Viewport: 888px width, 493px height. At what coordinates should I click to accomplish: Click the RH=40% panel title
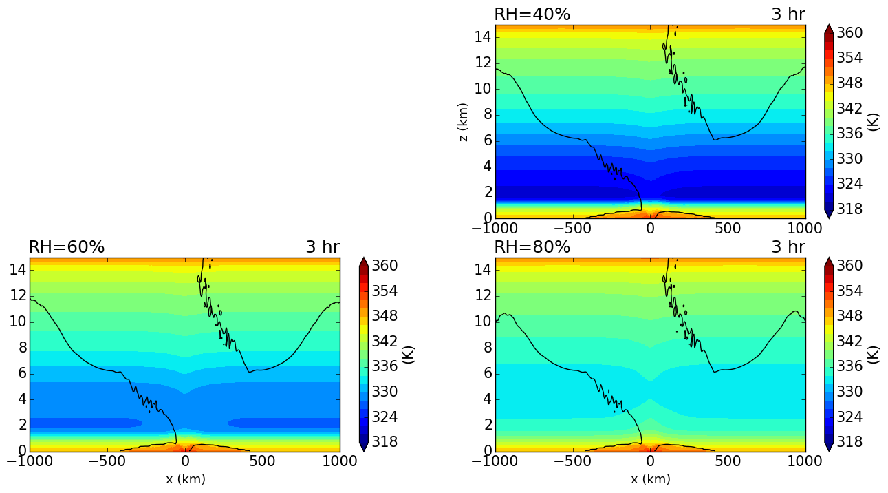[x=532, y=14]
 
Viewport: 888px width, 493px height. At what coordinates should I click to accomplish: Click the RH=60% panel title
[x=66, y=247]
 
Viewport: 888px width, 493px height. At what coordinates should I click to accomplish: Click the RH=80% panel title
[x=532, y=247]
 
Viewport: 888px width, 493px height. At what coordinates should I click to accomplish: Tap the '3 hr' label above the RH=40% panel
[x=788, y=14]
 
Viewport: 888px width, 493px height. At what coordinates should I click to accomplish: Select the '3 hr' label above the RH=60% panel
[x=322, y=247]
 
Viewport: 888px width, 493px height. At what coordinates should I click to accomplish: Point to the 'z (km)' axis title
[x=464, y=123]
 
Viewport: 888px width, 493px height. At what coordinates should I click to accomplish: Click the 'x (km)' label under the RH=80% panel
[x=651, y=479]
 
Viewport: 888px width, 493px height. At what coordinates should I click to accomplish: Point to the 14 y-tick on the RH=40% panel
[x=480, y=37]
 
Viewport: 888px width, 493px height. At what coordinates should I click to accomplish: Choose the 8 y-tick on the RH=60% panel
[x=19, y=348]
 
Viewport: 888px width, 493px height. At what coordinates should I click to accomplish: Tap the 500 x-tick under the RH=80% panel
[x=728, y=460]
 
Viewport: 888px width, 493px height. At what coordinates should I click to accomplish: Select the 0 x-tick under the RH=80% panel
[x=651, y=460]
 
